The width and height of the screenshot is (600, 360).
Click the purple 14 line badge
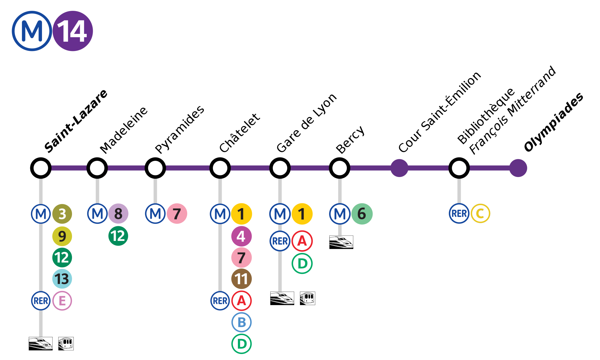click(x=73, y=31)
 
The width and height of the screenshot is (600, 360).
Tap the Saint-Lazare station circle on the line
click(x=41, y=168)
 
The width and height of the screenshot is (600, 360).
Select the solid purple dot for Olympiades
click(x=518, y=168)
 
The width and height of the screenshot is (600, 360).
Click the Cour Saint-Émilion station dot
click(x=399, y=168)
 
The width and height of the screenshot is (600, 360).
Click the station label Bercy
click(x=350, y=139)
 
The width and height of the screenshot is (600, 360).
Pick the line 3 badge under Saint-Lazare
click(x=62, y=214)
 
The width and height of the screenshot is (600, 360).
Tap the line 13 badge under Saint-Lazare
click(x=62, y=279)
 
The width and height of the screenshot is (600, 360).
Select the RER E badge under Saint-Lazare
click(x=62, y=301)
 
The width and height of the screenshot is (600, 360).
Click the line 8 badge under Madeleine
click(x=118, y=214)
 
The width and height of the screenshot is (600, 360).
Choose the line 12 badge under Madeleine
click(x=118, y=236)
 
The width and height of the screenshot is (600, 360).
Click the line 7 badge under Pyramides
click(x=177, y=214)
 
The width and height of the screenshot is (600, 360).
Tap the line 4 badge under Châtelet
click(x=241, y=236)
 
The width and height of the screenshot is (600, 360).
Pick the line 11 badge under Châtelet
click(x=241, y=279)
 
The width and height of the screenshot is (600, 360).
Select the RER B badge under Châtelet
click(x=241, y=322)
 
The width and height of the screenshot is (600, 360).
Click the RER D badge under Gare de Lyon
click(x=302, y=263)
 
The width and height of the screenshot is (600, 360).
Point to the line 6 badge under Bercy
click(x=362, y=214)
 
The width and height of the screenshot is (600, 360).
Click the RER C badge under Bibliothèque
click(x=480, y=214)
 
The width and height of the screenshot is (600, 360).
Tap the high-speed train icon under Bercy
click(x=341, y=242)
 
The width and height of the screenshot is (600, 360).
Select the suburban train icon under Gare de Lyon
click(x=307, y=298)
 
